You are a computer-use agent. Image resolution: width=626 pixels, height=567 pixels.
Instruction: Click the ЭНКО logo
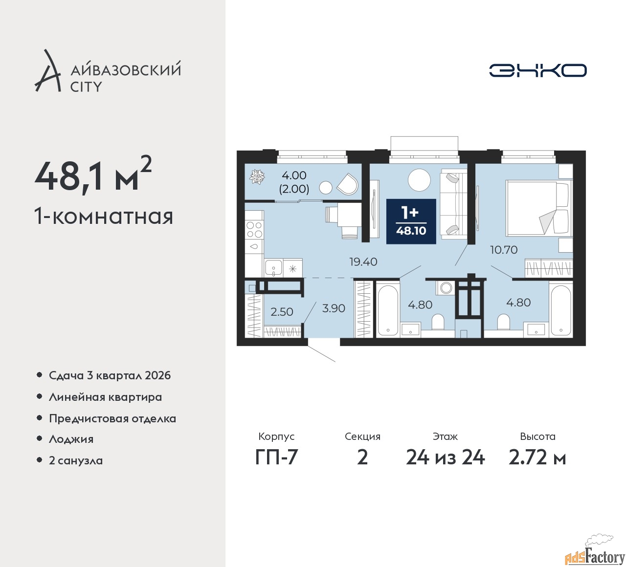(537, 70)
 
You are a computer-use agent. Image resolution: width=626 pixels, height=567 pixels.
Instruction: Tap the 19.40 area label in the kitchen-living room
(363, 262)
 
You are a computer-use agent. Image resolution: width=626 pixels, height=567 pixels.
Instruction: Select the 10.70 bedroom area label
(504, 249)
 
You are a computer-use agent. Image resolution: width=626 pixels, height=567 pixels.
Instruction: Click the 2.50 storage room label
(282, 311)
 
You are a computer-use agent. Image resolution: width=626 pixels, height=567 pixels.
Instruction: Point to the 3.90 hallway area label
(334, 308)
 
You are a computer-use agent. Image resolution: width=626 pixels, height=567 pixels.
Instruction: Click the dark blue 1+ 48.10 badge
(411, 221)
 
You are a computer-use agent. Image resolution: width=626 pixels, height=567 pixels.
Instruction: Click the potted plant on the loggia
(257, 177)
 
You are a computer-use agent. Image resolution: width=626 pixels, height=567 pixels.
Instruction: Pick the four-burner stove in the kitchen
(254, 229)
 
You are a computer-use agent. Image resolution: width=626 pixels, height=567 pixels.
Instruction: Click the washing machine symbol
(446, 287)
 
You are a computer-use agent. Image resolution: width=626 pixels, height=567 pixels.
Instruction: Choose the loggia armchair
(348, 184)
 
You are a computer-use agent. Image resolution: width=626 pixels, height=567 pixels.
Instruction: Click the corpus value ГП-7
(276, 458)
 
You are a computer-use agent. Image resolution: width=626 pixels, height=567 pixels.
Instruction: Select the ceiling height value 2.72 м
(537, 458)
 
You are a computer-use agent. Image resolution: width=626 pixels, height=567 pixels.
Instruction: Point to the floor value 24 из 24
(446, 458)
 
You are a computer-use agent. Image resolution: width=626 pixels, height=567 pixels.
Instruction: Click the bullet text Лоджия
(71, 439)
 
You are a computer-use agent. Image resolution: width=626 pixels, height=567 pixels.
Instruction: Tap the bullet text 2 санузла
(76, 460)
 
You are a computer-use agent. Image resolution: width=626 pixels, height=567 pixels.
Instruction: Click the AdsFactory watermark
(596, 555)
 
